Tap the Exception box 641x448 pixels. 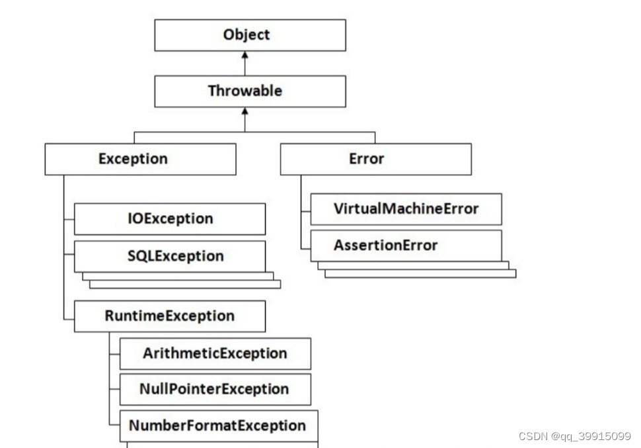point(140,159)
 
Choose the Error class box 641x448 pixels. point(375,159)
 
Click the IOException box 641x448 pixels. point(170,219)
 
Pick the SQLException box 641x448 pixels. point(170,256)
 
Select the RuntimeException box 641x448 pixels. point(170,316)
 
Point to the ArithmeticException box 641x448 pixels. point(215,353)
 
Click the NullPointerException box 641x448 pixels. point(215,389)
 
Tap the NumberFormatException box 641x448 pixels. point(218,426)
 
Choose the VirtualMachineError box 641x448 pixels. point(406,209)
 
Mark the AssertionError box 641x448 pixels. point(406,246)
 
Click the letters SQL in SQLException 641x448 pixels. point(140,256)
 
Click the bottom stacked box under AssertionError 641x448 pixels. point(420,273)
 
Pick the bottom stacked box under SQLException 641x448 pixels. point(185,285)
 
